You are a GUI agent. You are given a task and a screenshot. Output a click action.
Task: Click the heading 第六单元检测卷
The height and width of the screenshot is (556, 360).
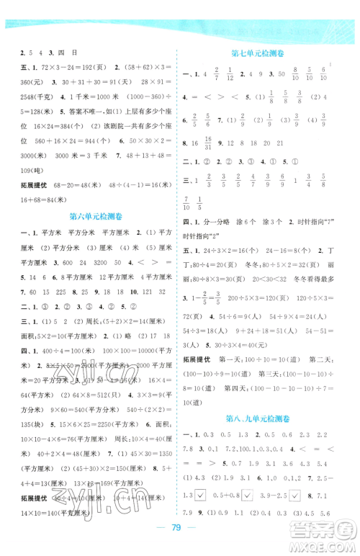coord(93,215)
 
